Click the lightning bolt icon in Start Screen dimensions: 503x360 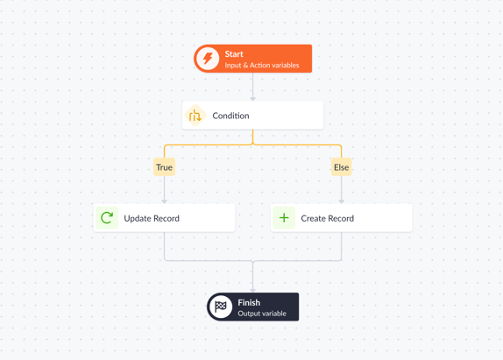208,59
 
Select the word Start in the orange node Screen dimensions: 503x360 234,54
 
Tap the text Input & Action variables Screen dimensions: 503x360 262,65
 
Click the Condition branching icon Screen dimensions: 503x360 195,116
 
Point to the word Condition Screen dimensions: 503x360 230,116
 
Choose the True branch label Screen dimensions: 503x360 164,167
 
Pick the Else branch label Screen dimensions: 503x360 342,167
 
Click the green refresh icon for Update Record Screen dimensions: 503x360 107,218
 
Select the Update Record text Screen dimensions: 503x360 152,218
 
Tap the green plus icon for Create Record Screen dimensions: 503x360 284,218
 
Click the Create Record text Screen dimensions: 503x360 327,218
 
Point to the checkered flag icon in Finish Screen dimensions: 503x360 220,307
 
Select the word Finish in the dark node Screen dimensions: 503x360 249,302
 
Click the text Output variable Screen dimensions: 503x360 262,314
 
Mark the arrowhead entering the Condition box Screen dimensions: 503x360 252,99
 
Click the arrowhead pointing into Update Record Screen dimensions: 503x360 164,201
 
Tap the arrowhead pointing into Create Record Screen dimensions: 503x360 342,201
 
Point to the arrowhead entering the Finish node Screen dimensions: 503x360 252,291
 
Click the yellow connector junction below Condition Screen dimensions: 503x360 252,145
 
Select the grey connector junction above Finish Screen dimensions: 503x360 252,261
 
